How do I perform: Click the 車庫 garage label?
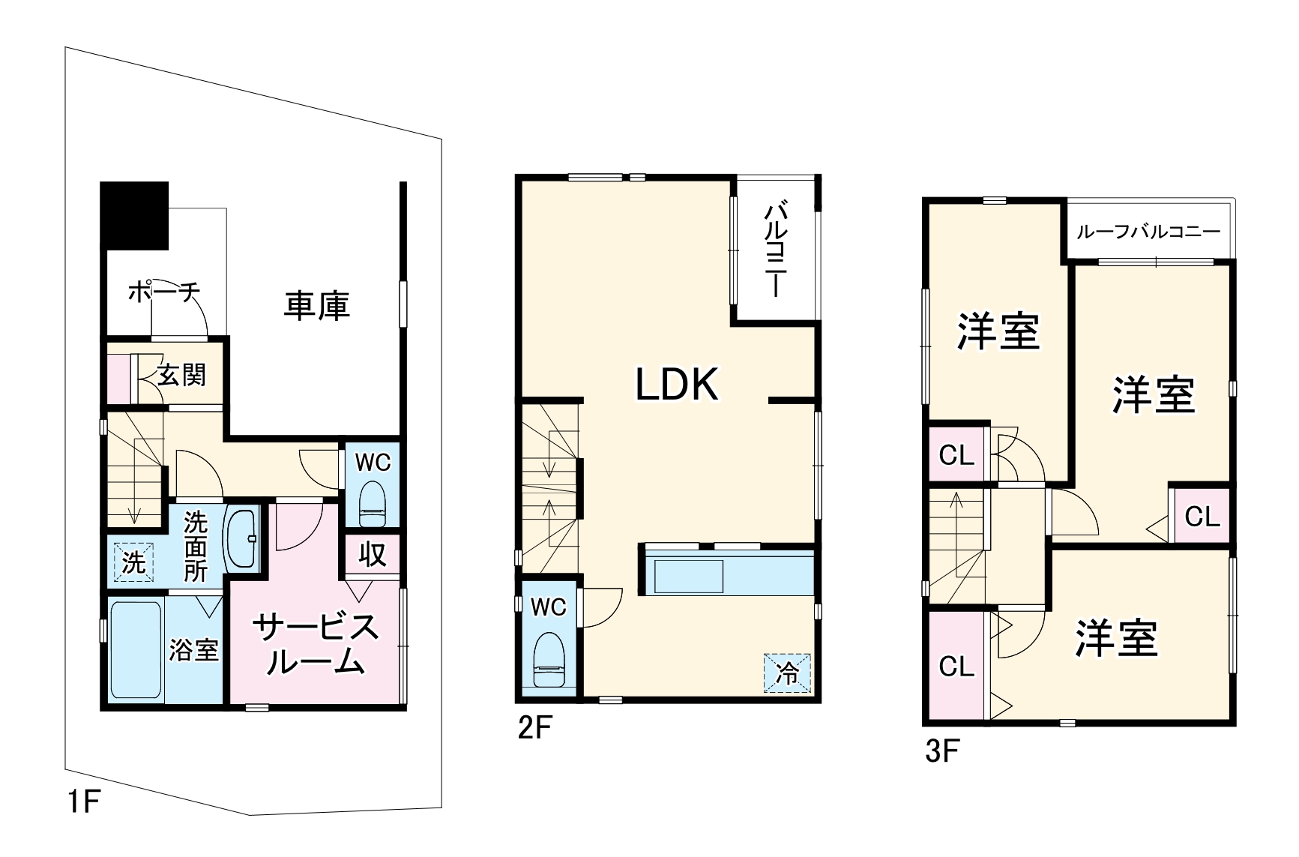[316, 306]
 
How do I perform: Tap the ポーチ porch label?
[164, 292]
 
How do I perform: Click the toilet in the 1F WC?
[372, 505]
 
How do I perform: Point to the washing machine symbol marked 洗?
[133, 562]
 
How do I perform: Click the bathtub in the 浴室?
[136, 649]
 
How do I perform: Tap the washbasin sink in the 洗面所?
[242, 539]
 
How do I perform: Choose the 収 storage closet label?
[372, 555]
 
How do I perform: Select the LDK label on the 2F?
[677, 384]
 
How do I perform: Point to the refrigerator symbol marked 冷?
[787, 673]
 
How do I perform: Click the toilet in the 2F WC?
[549, 660]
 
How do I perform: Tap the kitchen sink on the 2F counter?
[689, 576]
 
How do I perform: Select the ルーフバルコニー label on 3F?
[1148, 232]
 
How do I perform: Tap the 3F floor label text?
[941, 751]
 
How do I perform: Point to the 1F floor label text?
[83, 802]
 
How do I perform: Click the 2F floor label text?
[534, 728]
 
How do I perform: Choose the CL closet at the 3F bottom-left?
[956, 666]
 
